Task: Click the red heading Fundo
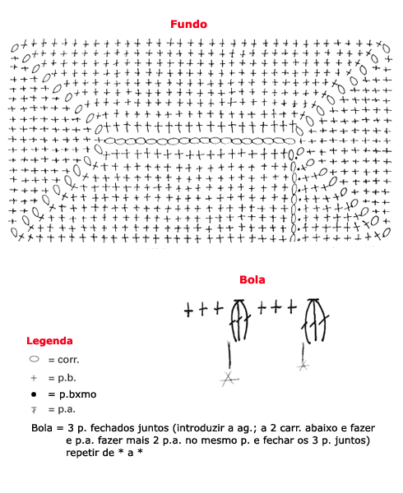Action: (x=188, y=24)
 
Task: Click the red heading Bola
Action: (x=252, y=279)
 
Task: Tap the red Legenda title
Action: (x=49, y=341)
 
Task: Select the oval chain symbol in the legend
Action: (x=34, y=359)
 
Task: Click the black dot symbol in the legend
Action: (x=34, y=394)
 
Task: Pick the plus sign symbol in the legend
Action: (x=34, y=378)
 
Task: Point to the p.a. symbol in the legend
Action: (x=34, y=410)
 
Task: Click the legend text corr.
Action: (x=68, y=360)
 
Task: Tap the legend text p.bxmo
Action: (x=77, y=394)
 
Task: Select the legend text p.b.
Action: (x=67, y=378)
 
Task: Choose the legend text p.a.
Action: (x=67, y=410)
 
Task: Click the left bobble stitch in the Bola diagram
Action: (x=239, y=320)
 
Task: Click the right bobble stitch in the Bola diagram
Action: (x=315, y=320)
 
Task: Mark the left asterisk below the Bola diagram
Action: (x=229, y=379)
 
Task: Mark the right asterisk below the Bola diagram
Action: (x=303, y=366)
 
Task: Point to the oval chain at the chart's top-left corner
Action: (x=15, y=48)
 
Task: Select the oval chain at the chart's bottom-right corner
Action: (x=387, y=233)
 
